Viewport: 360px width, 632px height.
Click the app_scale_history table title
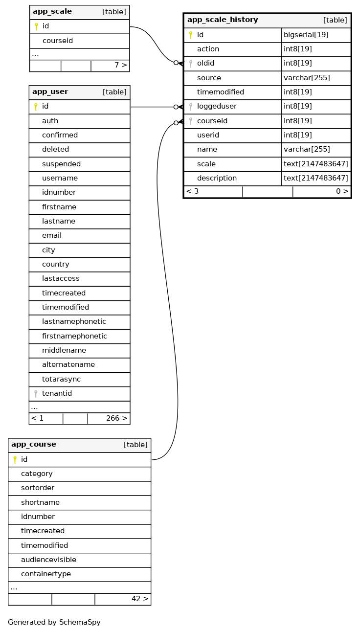[x=223, y=20]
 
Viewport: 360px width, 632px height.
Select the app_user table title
[x=50, y=92]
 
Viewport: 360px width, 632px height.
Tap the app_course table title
[x=33, y=445]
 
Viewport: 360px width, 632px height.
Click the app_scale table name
[x=52, y=12]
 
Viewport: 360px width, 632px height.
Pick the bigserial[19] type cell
[x=306, y=35]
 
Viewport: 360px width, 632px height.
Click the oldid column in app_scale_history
[x=205, y=64]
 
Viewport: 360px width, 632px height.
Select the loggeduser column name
[x=217, y=107]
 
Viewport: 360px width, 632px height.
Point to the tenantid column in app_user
[x=57, y=394]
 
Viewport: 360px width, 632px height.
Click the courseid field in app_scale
[x=58, y=41]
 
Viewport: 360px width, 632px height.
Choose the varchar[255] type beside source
[x=307, y=78]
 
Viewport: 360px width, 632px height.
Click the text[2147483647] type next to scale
[x=316, y=164]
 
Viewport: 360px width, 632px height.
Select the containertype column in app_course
[x=46, y=574]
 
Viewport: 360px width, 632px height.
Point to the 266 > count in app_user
[x=116, y=419]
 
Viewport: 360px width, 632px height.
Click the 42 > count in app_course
[x=139, y=599]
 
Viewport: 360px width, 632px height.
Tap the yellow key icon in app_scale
[x=36, y=26]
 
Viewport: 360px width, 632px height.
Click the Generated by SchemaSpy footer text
[x=54, y=623]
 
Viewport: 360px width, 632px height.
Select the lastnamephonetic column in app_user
[x=74, y=322]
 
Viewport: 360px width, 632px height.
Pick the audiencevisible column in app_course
[x=48, y=560]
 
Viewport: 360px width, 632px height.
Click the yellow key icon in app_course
[x=15, y=460]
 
